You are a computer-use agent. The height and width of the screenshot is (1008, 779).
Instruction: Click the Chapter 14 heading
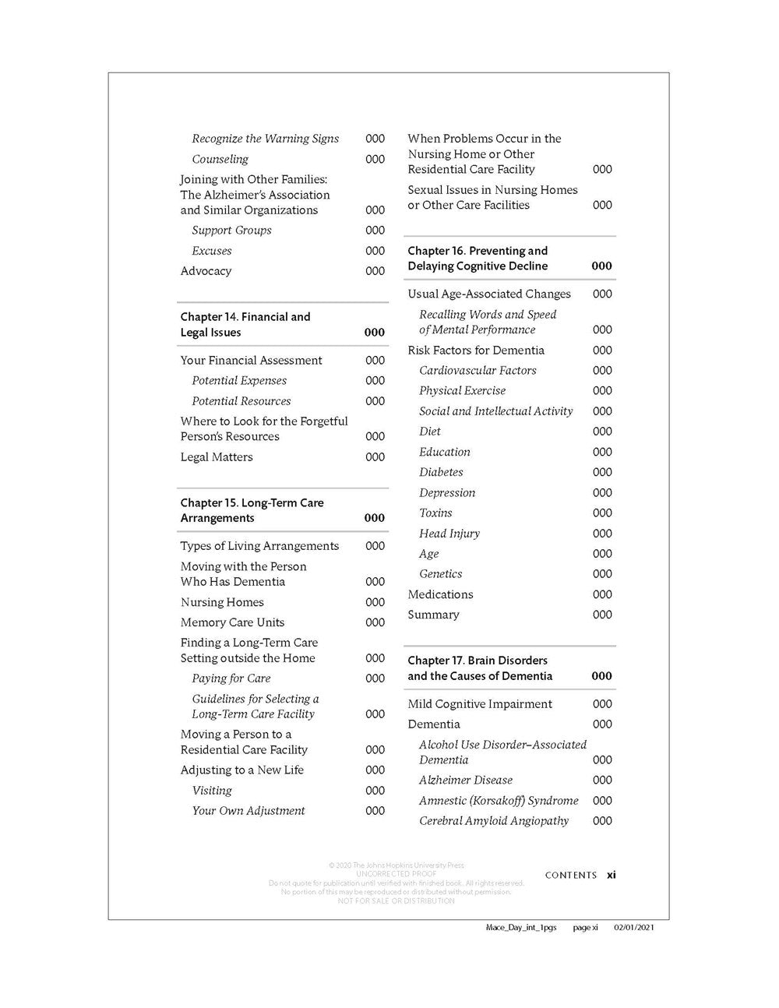[245, 324]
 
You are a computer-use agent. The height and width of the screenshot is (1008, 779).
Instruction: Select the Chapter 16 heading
[477, 259]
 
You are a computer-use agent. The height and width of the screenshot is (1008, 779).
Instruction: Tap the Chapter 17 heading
[479, 668]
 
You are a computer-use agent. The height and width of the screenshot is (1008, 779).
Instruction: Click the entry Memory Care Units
[232, 622]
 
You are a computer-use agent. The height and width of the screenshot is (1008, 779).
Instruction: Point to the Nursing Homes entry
[222, 602]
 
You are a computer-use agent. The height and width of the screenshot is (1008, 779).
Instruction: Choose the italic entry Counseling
[220, 159]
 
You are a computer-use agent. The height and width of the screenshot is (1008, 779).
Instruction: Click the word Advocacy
[206, 271]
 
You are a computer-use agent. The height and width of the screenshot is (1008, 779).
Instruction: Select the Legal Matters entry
[217, 457]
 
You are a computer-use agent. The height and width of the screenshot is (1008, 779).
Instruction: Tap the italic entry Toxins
[435, 513]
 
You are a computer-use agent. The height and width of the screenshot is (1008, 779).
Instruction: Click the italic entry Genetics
[440, 574]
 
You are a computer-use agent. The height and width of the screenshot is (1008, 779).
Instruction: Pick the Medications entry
[440, 594]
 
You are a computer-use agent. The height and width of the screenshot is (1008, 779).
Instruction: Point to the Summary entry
[433, 615]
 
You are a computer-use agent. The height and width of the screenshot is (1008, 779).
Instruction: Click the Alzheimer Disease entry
[465, 780]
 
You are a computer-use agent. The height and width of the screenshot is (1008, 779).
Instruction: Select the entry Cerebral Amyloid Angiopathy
[493, 821]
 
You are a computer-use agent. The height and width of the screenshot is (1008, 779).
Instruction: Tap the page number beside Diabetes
[602, 472]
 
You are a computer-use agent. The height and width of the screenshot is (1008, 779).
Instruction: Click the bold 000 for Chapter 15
[375, 518]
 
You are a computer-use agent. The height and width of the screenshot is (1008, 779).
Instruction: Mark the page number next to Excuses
[375, 251]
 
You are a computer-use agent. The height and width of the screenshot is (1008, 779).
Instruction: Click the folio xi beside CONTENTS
[612, 875]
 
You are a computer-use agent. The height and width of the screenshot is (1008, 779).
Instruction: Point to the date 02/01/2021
[633, 928]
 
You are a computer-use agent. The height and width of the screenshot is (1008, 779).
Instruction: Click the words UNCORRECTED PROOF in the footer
[395, 874]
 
